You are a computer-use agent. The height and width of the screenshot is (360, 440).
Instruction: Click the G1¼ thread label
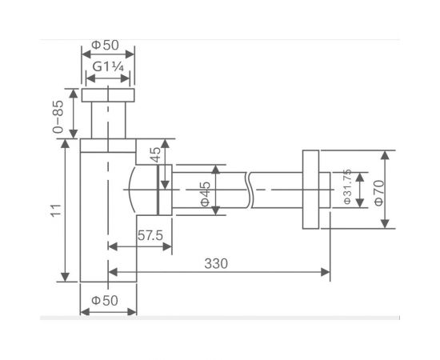click(108, 67)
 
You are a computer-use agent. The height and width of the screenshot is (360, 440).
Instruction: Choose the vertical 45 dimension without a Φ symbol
click(157, 154)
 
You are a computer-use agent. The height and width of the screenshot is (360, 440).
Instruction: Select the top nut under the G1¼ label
click(108, 95)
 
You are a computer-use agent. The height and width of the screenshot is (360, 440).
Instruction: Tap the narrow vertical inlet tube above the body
click(108, 120)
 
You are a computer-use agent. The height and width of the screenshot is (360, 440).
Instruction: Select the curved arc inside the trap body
click(130, 189)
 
